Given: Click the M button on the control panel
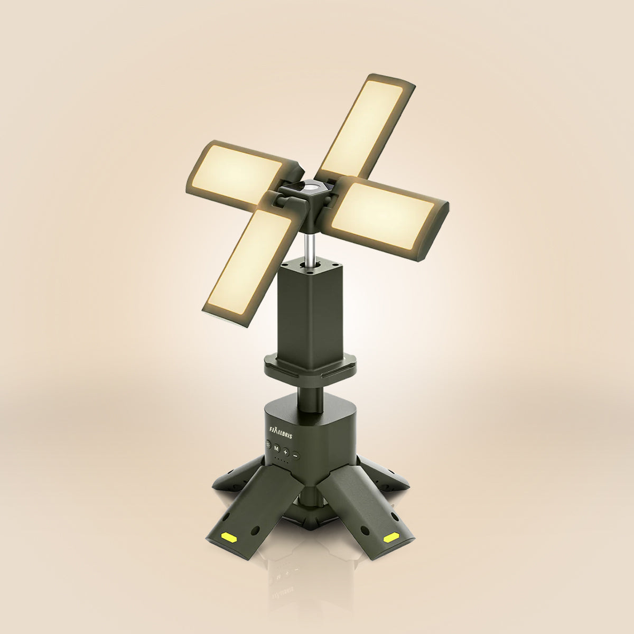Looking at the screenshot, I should (x=276, y=448).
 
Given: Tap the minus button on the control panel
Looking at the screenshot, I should (x=296, y=455).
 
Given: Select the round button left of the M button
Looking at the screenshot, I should (x=268, y=445).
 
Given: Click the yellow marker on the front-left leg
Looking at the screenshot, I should (x=228, y=537).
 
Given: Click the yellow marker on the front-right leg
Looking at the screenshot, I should (x=391, y=538).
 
